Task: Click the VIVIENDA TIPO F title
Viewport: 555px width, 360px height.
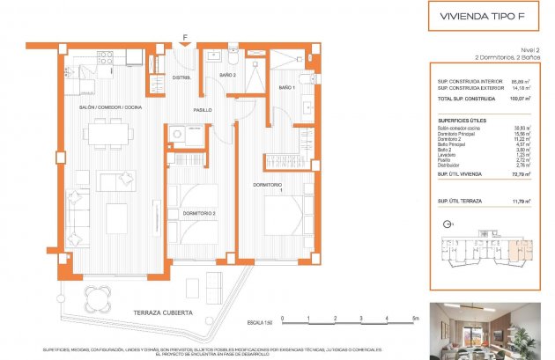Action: pos(476,16)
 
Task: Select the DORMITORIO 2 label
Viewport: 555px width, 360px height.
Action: pos(199,213)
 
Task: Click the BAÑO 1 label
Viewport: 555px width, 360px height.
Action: pos(287,88)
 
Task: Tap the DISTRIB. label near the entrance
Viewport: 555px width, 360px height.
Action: pos(181,77)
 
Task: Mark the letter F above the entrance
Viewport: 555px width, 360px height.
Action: pos(184,37)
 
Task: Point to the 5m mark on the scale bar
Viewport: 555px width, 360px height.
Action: pos(414,320)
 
